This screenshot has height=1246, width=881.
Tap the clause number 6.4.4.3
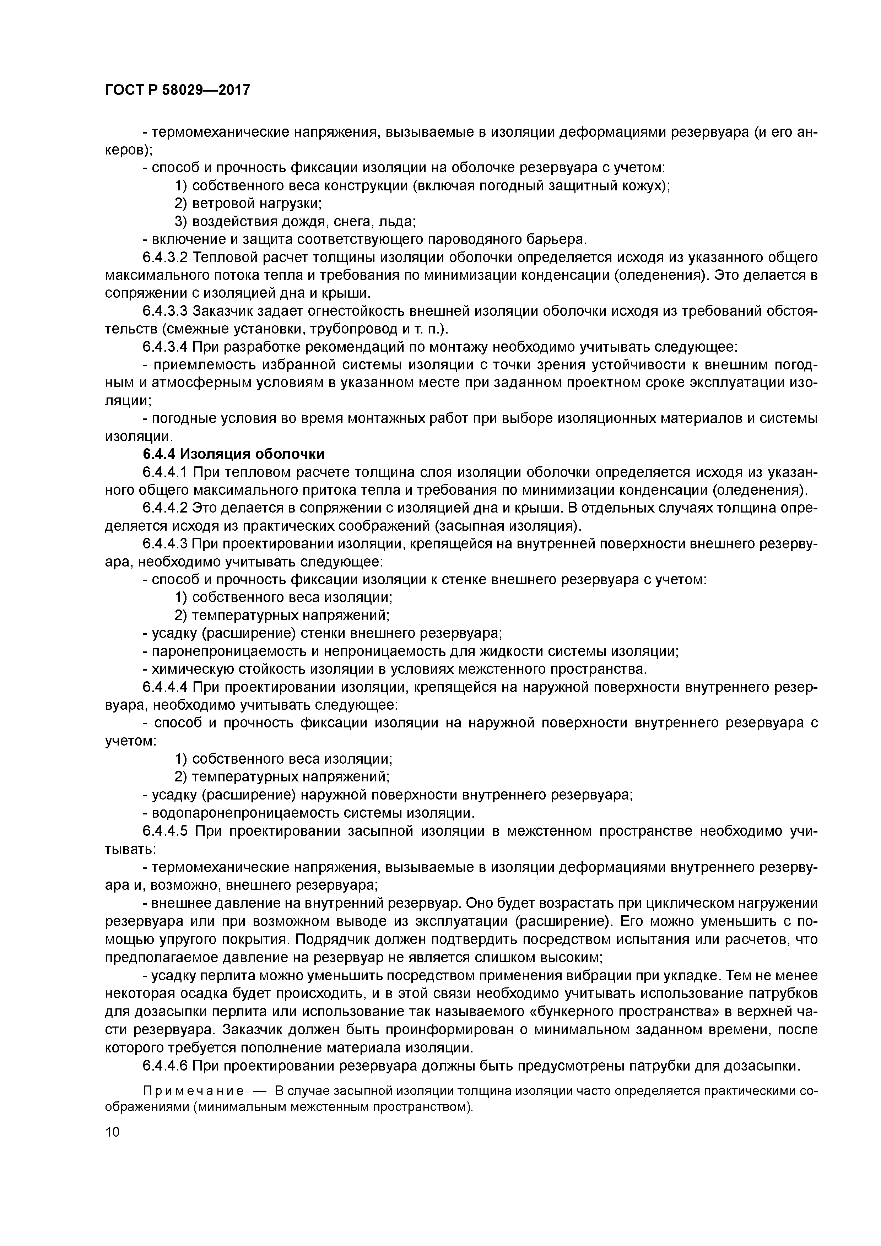click(x=165, y=544)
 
